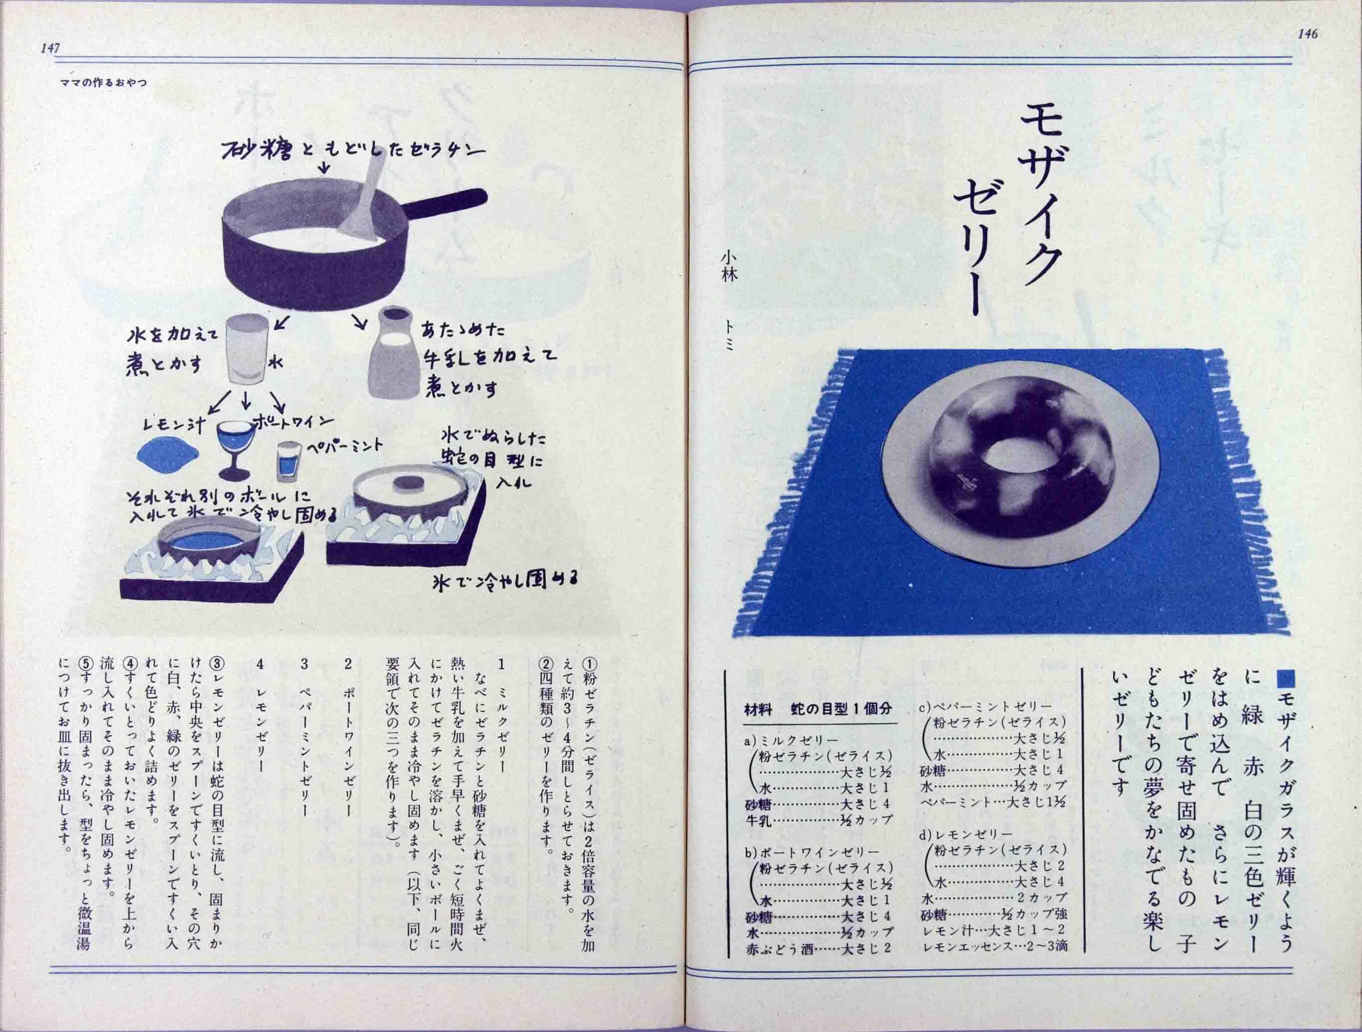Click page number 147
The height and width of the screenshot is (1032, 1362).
(x=50, y=48)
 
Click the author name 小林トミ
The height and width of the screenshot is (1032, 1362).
(x=729, y=308)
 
